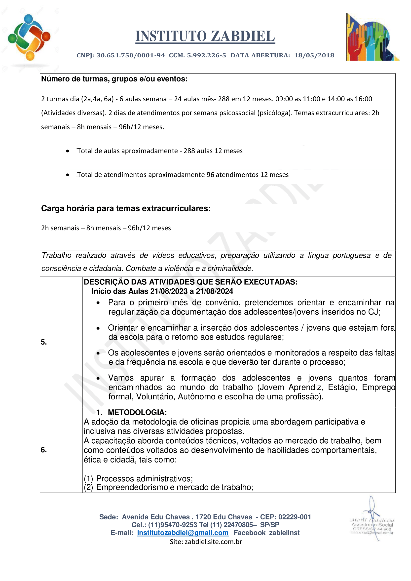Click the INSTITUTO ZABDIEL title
[205, 36]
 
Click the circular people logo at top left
[29, 37]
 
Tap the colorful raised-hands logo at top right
[371, 37]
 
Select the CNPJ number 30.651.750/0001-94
[131, 55]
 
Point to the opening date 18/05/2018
[314, 55]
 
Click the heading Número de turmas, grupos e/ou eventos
[114, 79]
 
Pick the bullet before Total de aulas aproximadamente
[68, 151]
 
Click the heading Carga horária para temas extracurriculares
[126, 208]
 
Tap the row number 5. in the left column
[44, 342]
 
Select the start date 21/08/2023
[169, 291]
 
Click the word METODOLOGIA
[137, 412]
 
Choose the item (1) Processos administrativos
[138, 478]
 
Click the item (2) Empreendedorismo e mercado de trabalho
[169, 487]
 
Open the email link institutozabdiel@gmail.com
[183, 533]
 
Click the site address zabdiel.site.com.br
[213, 542]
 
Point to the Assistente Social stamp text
[372, 525]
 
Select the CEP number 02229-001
[295, 517]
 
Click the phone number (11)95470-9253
[173, 525]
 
